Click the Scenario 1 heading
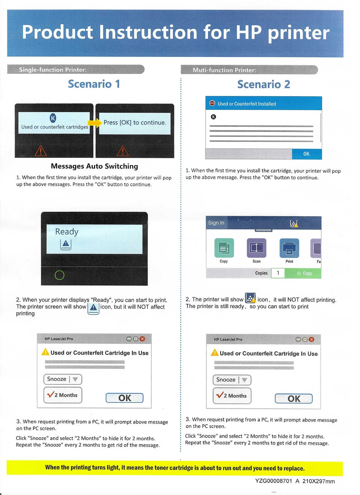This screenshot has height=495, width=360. [x=94, y=84]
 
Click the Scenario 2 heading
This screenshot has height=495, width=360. [x=264, y=84]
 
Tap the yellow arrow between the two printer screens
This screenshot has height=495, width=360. [x=95, y=123]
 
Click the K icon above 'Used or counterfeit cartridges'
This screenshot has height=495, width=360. [x=53, y=118]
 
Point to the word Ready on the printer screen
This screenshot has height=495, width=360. [x=67, y=232]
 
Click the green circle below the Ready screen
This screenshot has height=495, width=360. [x=60, y=275]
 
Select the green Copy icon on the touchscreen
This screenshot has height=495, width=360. [x=224, y=248]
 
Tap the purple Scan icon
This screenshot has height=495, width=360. [x=256, y=248]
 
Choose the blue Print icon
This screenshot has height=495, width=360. [x=289, y=248]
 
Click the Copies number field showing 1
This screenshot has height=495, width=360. [x=278, y=273]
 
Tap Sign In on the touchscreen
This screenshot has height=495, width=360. [x=216, y=223]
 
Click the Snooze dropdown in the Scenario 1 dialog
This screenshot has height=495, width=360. [x=63, y=379]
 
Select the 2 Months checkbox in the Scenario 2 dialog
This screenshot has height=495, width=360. [x=232, y=396]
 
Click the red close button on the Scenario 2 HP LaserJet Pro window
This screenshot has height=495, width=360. [x=311, y=339]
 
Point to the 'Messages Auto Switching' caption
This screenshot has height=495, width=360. [x=94, y=166]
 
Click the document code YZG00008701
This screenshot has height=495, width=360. [x=273, y=481]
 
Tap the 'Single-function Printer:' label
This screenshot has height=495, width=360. [x=52, y=70]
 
